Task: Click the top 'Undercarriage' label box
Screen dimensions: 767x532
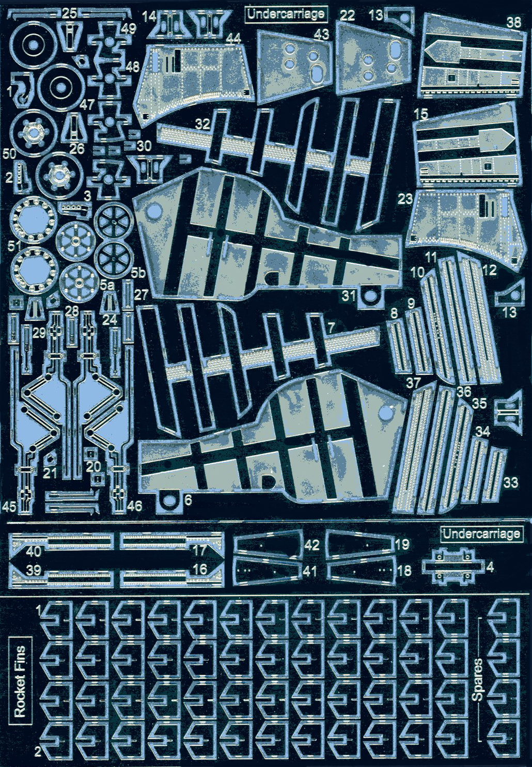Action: [x=286, y=13]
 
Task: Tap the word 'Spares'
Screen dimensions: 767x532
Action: [x=477, y=679]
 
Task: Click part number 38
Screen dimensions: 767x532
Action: [x=513, y=22]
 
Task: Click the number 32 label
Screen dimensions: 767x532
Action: [x=202, y=124]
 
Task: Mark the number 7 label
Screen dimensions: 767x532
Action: [x=331, y=327]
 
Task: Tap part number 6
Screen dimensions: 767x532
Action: [x=187, y=499]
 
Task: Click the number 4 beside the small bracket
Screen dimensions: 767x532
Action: [x=490, y=567]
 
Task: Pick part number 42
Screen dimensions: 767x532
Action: [x=311, y=545]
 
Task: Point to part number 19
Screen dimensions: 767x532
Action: [x=402, y=544]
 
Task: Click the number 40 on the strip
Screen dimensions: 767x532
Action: [x=34, y=551]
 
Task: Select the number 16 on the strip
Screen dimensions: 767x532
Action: [x=199, y=569]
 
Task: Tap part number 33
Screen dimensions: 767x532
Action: [x=510, y=482]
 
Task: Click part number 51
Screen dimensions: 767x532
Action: [x=14, y=245]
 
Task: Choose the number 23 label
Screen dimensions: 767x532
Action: [x=405, y=199]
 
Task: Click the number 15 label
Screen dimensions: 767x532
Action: [x=421, y=114]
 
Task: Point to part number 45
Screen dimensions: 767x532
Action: [x=9, y=506]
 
